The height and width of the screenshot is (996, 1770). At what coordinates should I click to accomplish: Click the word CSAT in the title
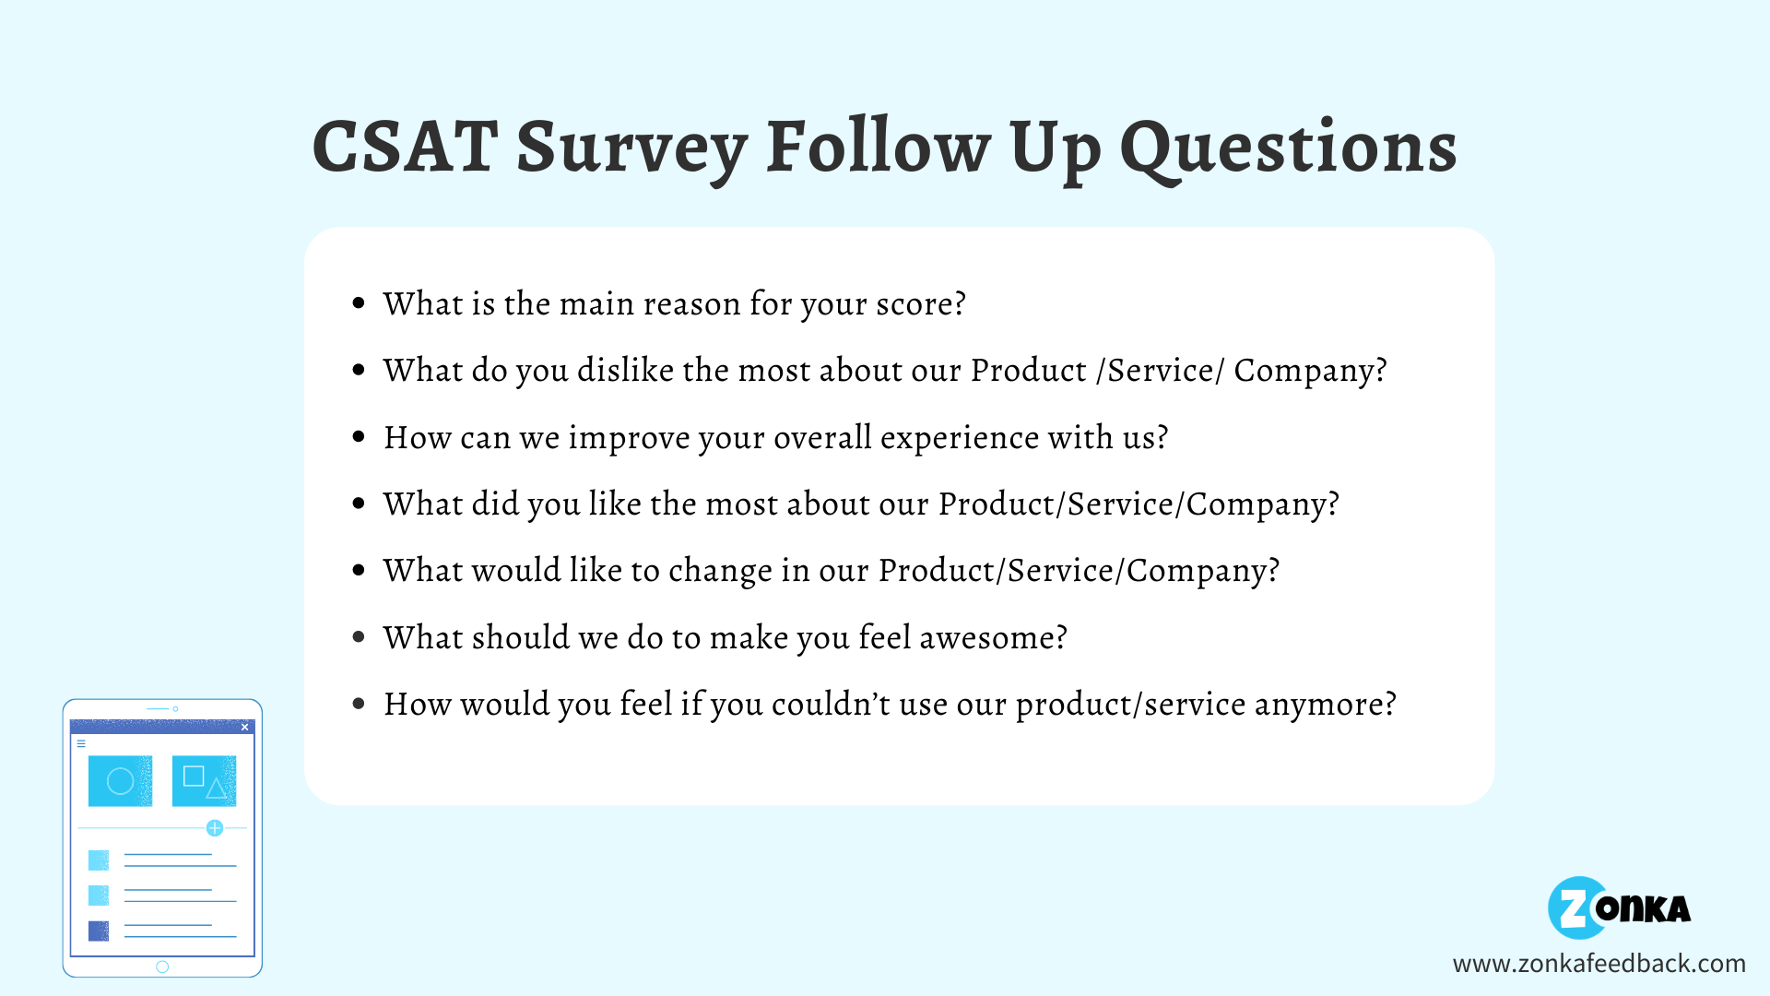(x=406, y=148)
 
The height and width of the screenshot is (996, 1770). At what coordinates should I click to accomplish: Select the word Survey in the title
(x=631, y=149)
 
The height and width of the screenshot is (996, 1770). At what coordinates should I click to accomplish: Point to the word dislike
(x=625, y=370)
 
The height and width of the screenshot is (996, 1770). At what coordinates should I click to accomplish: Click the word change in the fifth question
(x=720, y=571)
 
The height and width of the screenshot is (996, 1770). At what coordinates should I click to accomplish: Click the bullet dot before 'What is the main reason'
(x=359, y=303)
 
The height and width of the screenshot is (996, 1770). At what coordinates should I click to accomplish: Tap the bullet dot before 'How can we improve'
(x=359, y=437)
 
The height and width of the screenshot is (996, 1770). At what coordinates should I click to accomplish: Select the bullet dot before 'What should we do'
(x=359, y=637)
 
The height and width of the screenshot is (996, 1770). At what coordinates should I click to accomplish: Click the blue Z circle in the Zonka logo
(x=1575, y=908)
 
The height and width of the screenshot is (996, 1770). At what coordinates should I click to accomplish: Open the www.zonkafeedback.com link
(x=1599, y=964)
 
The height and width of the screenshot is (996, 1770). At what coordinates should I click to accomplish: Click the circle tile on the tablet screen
(x=120, y=781)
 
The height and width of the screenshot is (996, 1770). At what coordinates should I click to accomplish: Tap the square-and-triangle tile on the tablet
(x=204, y=781)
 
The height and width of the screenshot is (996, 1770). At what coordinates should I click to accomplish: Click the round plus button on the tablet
(x=215, y=828)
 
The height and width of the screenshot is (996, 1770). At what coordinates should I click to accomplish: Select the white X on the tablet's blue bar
(x=244, y=727)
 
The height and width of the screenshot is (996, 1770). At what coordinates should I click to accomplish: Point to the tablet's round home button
(x=162, y=966)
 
